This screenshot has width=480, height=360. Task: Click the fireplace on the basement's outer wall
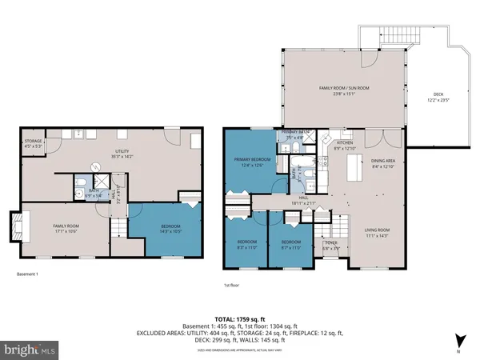click(x=15, y=226)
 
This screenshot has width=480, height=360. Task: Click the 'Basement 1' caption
click(x=28, y=274)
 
